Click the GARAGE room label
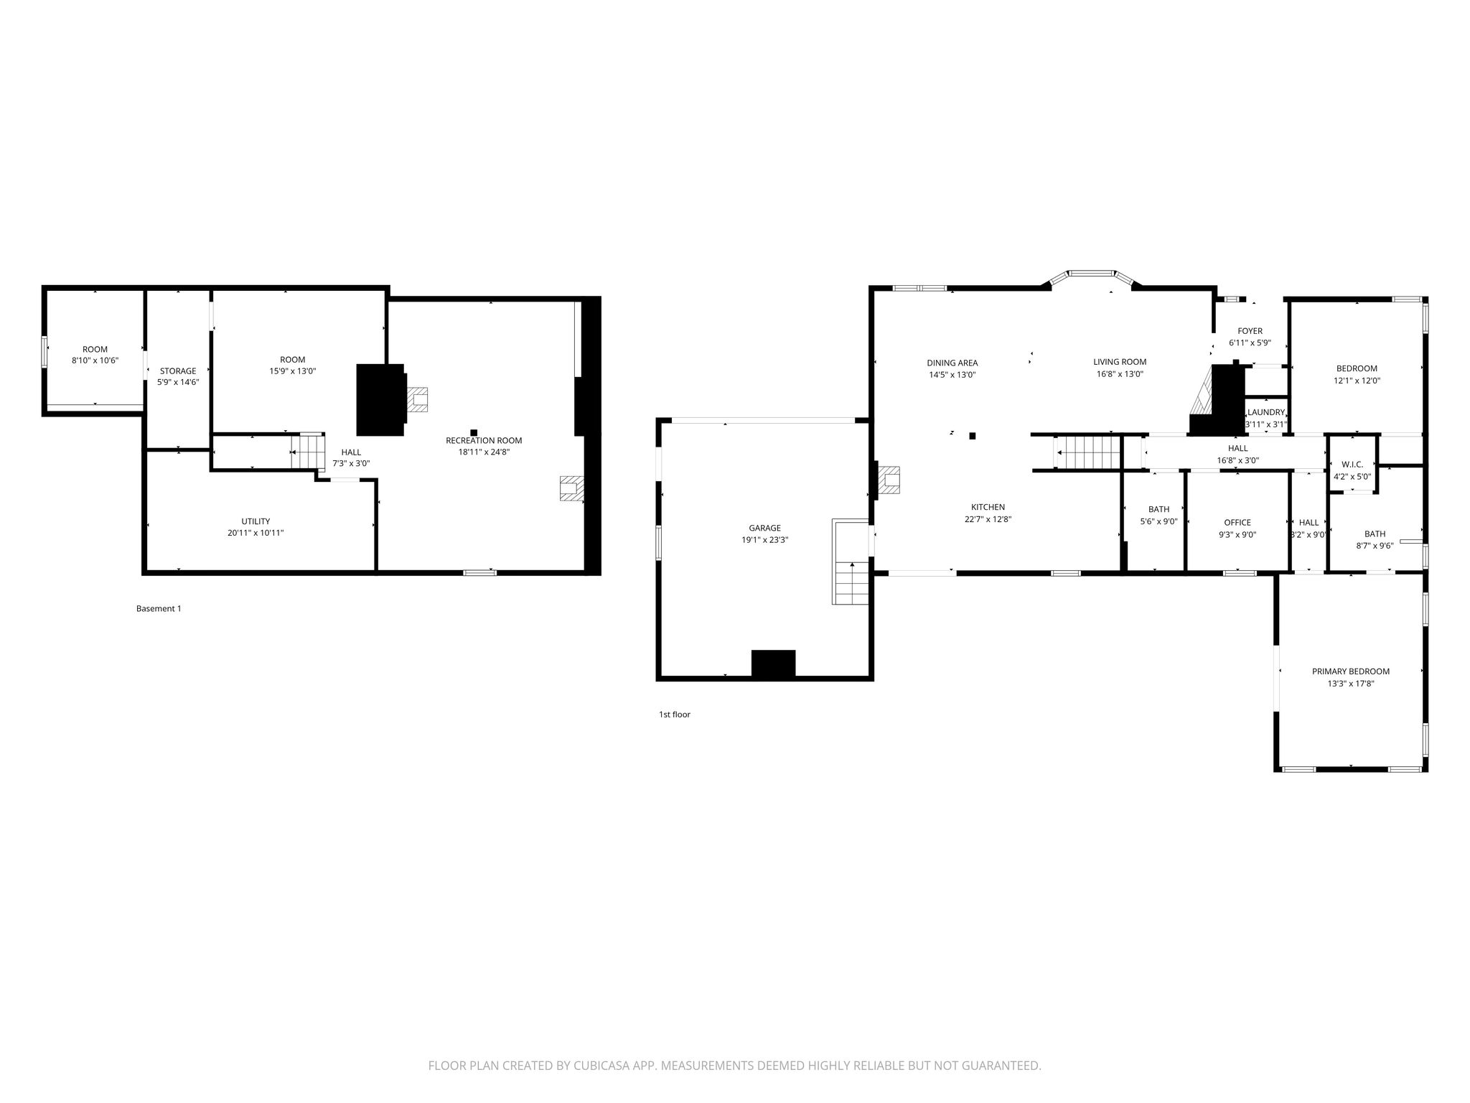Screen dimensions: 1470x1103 point(764,528)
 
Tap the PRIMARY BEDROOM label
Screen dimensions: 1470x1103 point(1350,671)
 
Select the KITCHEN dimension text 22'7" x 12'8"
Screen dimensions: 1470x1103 point(988,519)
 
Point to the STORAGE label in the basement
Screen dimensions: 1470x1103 point(177,371)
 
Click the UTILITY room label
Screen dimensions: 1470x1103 point(256,521)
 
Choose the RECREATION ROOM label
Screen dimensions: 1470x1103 point(484,440)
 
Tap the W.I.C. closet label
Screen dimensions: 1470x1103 point(1352,465)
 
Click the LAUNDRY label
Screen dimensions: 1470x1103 point(1265,412)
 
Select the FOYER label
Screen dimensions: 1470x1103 point(1250,331)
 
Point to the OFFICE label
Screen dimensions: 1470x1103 point(1237,523)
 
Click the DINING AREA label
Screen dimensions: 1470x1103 point(952,363)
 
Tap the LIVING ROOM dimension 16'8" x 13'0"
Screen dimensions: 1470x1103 point(1120,374)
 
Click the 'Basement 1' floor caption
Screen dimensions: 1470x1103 point(159,608)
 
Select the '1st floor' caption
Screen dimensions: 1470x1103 point(674,715)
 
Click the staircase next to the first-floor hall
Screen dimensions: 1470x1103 point(1087,452)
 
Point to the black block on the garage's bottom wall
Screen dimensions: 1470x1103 point(773,663)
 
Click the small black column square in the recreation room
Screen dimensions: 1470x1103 point(474,432)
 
